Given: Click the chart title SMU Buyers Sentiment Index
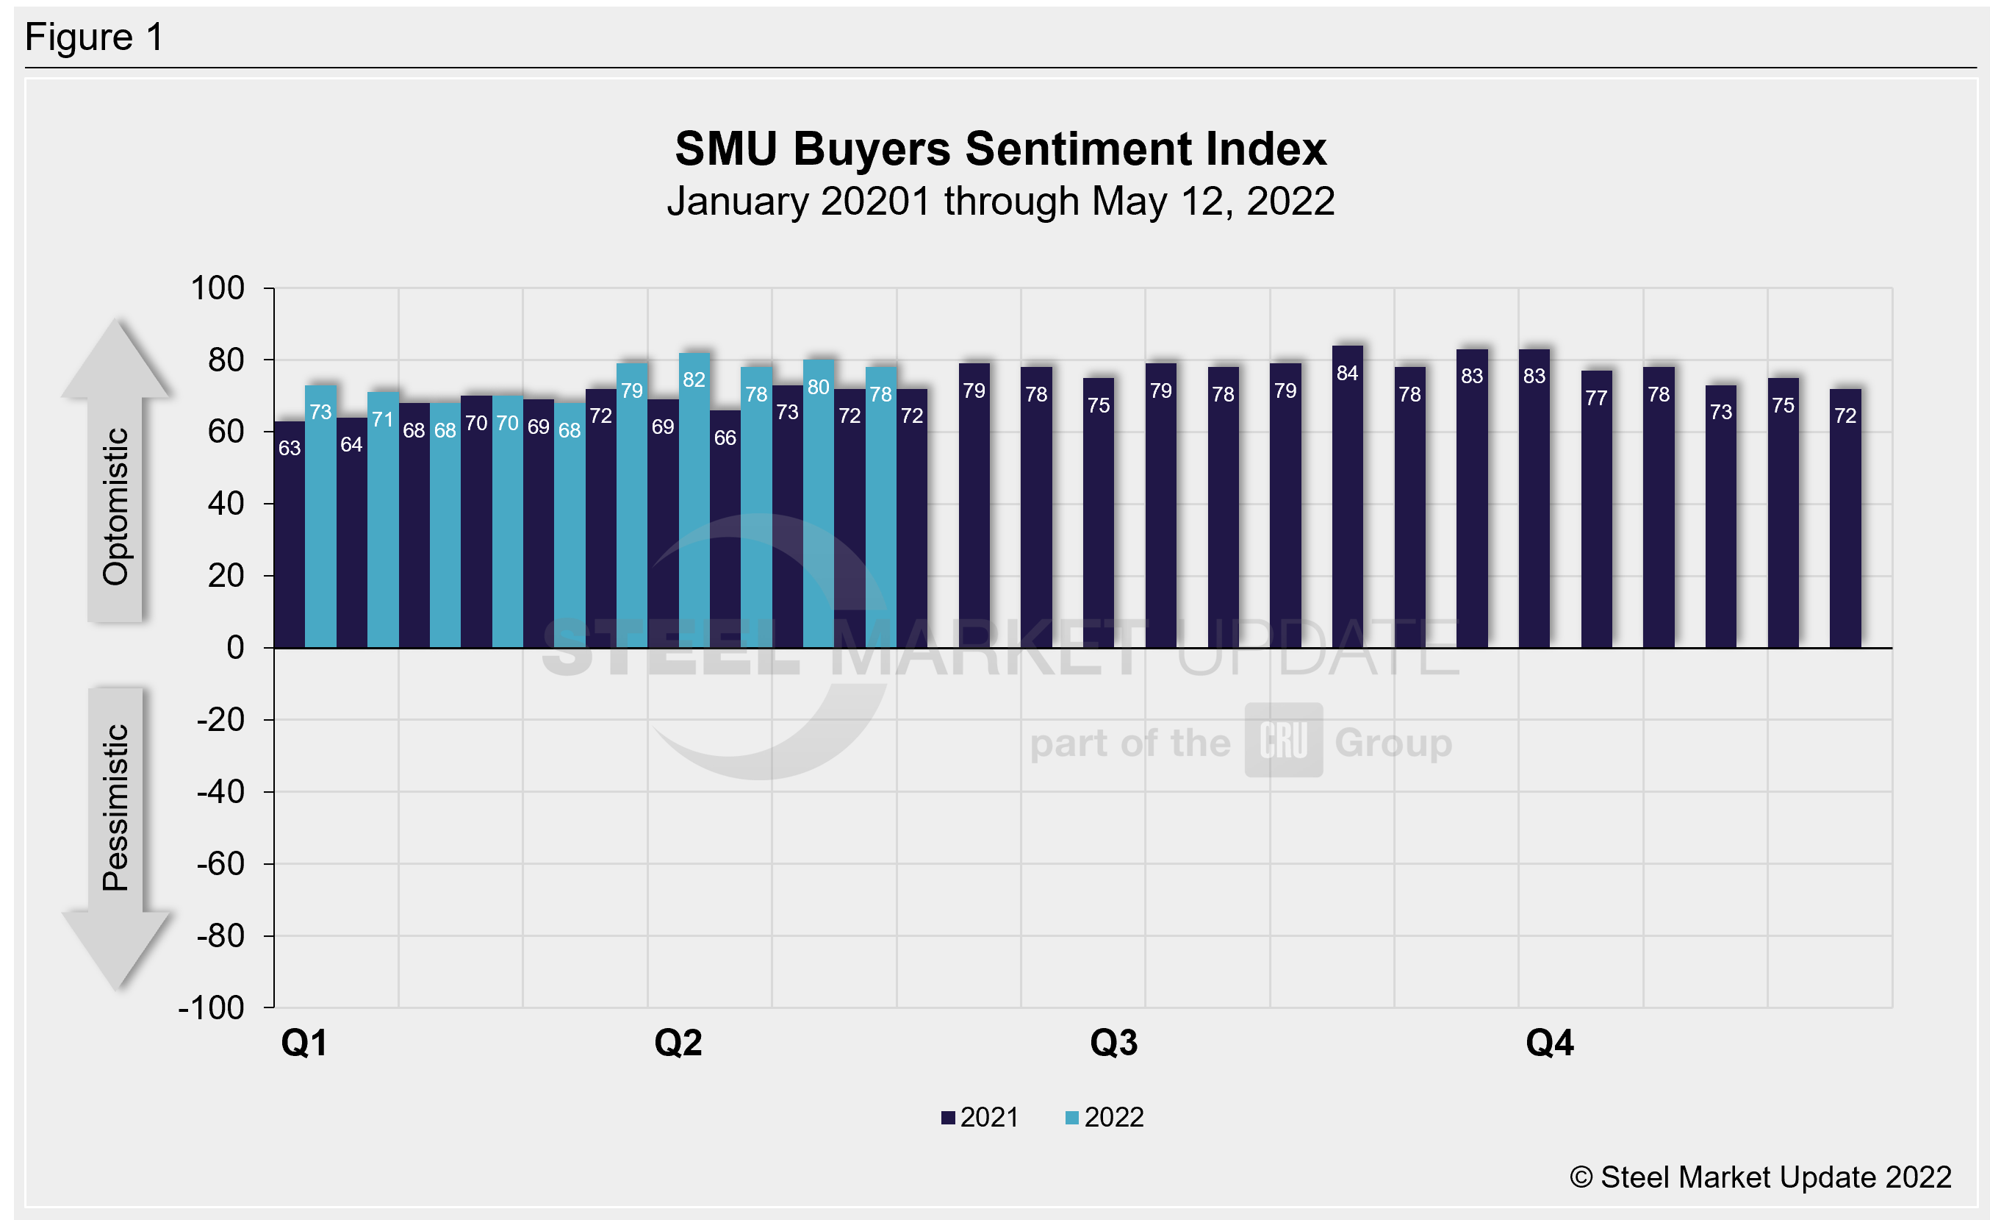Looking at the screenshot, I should (x=1000, y=149).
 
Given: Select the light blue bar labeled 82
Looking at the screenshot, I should (x=694, y=501).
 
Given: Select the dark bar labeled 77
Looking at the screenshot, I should (x=1596, y=509).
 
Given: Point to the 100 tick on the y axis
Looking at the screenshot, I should (x=218, y=288).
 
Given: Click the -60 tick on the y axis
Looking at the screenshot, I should (x=220, y=863).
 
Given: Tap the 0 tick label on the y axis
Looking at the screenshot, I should (x=235, y=648).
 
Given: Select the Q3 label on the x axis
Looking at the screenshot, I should (x=1114, y=1043).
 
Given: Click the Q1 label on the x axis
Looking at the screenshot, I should (x=303, y=1043).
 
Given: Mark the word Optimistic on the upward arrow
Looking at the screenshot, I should (x=115, y=507).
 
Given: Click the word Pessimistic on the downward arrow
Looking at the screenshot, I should (x=115, y=808).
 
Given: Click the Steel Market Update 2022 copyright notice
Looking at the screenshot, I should (x=1760, y=1177).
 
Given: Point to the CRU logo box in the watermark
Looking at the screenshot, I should (x=1282, y=740).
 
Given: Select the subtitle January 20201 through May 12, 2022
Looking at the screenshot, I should (x=1000, y=201).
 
